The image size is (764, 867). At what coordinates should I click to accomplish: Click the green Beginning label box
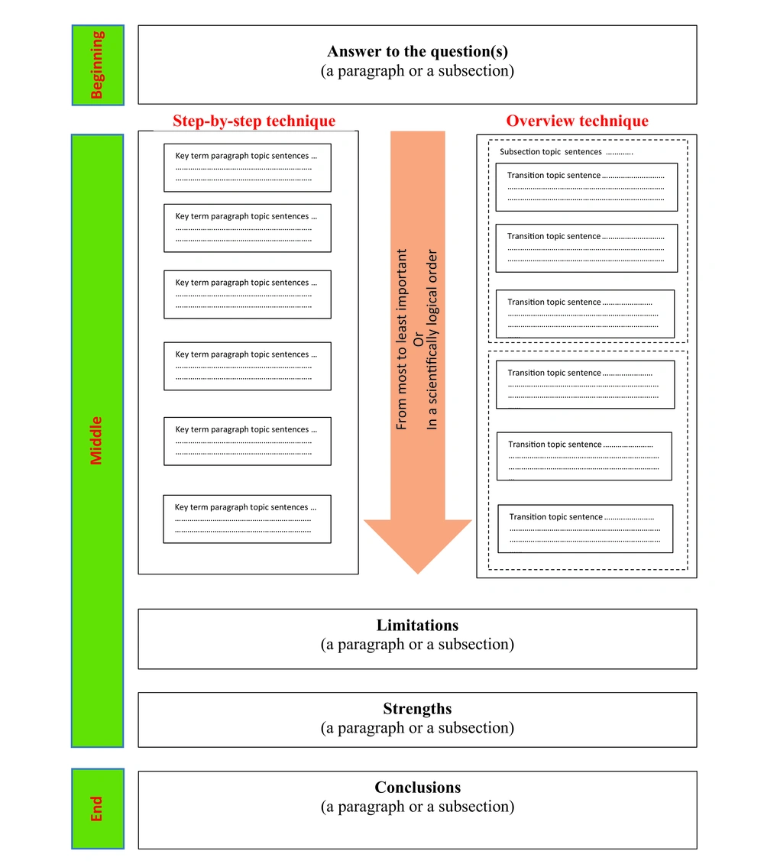pyautogui.click(x=98, y=65)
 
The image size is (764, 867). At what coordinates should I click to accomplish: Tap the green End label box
pyautogui.click(x=98, y=808)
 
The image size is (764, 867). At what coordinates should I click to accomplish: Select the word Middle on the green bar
pyautogui.click(x=96, y=441)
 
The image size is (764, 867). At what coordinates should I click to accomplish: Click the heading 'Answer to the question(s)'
pyautogui.click(x=418, y=51)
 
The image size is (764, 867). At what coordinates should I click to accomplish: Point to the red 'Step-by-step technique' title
pyautogui.click(x=254, y=121)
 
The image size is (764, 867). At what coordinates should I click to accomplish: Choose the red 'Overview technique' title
pyautogui.click(x=578, y=121)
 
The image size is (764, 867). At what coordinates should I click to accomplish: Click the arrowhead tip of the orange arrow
pyautogui.click(x=418, y=574)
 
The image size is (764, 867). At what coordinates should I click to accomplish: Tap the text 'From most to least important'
pyautogui.click(x=402, y=339)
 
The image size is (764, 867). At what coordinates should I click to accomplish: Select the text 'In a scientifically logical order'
pyautogui.click(x=432, y=339)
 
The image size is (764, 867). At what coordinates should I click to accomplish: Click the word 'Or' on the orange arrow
pyautogui.click(x=418, y=339)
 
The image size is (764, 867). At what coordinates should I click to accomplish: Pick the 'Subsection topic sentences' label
pyautogui.click(x=550, y=152)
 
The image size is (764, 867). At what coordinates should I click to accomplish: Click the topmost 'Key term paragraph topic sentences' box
pyautogui.click(x=248, y=168)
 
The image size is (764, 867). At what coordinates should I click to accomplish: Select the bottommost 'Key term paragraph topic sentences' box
pyautogui.click(x=248, y=519)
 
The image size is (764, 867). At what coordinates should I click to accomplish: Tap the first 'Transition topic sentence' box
pyautogui.click(x=587, y=187)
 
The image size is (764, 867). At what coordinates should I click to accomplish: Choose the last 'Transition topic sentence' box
pyautogui.click(x=585, y=529)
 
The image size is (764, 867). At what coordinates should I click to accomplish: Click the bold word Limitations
pyautogui.click(x=418, y=626)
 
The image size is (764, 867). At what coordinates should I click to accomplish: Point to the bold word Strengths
pyautogui.click(x=418, y=709)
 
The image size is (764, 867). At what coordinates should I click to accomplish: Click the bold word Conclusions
pyautogui.click(x=418, y=788)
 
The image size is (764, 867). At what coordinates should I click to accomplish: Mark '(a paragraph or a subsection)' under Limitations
pyautogui.click(x=418, y=645)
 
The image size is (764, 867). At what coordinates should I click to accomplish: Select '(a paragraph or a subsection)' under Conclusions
pyautogui.click(x=418, y=807)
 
